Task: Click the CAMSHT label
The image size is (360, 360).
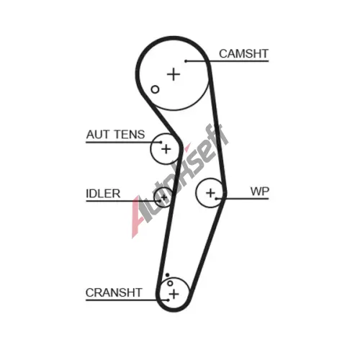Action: (243, 54)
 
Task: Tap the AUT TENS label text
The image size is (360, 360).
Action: (115, 135)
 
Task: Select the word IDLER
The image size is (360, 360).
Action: (103, 194)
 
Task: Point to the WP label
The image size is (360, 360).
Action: (260, 192)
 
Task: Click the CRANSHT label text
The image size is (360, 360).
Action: (114, 292)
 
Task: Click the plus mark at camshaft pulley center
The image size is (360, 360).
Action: (174, 74)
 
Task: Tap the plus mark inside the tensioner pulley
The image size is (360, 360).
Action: (166, 149)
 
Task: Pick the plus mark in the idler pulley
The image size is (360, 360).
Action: (164, 198)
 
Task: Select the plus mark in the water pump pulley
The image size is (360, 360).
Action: (211, 193)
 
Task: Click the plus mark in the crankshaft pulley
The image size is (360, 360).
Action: (174, 294)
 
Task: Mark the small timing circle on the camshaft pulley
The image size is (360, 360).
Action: (155, 89)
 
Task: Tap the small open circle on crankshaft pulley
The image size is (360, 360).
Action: (170, 283)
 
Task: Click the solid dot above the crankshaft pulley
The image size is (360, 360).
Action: (167, 275)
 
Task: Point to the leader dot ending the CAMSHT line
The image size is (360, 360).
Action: (186, 61)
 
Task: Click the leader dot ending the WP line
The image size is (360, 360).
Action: (216, 199)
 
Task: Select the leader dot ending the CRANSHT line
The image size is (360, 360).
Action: (168, 300)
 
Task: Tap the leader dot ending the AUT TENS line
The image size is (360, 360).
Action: (161, 143)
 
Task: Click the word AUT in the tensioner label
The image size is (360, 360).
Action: (98, 135)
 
